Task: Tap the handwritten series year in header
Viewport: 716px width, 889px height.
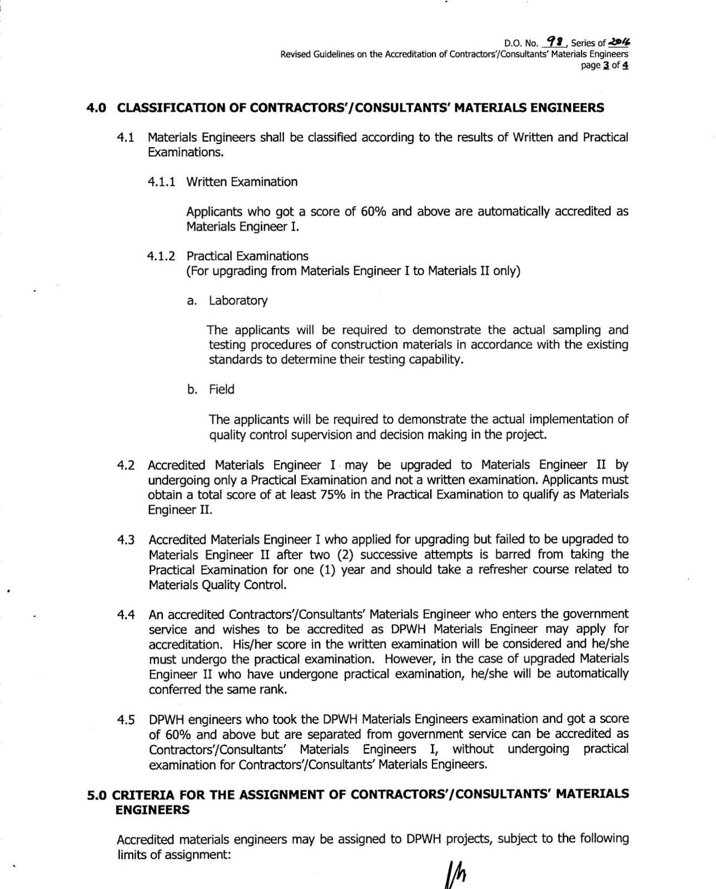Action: [620, 42]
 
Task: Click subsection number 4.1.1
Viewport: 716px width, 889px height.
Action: [161, 182]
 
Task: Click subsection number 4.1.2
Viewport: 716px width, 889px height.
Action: [161, 256]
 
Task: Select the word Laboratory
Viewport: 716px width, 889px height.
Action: [238, 301]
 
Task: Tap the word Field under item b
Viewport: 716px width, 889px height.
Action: [222, 389]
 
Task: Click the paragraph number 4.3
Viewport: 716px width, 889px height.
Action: [126, 540]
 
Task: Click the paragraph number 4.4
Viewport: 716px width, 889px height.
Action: [126, 615]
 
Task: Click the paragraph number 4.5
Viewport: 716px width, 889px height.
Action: [126, 720]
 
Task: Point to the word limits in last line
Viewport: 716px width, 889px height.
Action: [133, 855]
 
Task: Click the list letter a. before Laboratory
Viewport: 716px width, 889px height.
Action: [192, 301]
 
